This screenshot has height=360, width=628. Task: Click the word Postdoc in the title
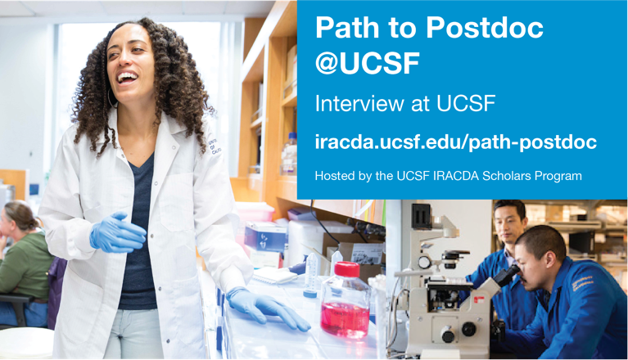(x=484, y=28)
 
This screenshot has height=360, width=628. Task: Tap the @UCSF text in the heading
(x=368, y=63)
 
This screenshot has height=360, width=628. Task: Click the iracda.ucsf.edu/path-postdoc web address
(x=456, y=142)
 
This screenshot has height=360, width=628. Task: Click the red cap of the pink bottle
(x=347, y=269)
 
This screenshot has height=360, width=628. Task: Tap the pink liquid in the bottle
(x=345, y=319)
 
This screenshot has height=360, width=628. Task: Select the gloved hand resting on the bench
(x=267, y=308)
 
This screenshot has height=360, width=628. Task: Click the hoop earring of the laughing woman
(x=111, y=99)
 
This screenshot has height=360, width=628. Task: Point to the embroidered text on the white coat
(x=215, y=146)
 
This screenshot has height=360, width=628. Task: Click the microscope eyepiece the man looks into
(x=508, y=276)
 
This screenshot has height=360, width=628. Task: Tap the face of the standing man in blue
(x=508, y=223)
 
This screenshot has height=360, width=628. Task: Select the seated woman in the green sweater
(x=22, y=260)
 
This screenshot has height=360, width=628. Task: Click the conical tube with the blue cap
(x=310, y=276)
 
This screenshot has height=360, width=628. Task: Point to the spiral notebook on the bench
(x=274, y=275)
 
